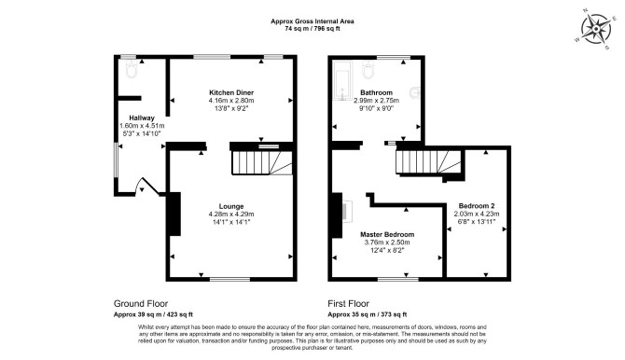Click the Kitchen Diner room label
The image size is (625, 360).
[x=231, y=92]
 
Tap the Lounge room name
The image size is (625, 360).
[x=231, y=206]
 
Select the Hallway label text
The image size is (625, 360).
[x=142, y=118]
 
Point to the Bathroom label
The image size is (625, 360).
[x=376, y=92]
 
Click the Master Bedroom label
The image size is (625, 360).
[x=387, y=234]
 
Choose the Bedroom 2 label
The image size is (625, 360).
[x=477, y=206]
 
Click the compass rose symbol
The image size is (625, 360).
[x=596, y=29]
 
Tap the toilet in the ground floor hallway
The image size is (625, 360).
[x=132, y=69]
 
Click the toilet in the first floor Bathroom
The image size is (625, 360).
[x=369, y=69]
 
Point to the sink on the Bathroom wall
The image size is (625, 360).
[x=416, y=92]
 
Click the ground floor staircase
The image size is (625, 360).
[x=262, y=162]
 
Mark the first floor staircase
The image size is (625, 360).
[x=428, y=162]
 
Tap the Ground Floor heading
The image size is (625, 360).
[x=141, y=304]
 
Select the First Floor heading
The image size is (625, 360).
[x=348, y=304]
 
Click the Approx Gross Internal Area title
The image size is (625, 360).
[x=312, y=21]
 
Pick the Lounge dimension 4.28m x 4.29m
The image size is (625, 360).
[x=231, y=215]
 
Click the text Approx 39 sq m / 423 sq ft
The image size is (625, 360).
[x=153, y=314]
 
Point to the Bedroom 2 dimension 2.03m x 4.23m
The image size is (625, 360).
[x=477, y=214]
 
